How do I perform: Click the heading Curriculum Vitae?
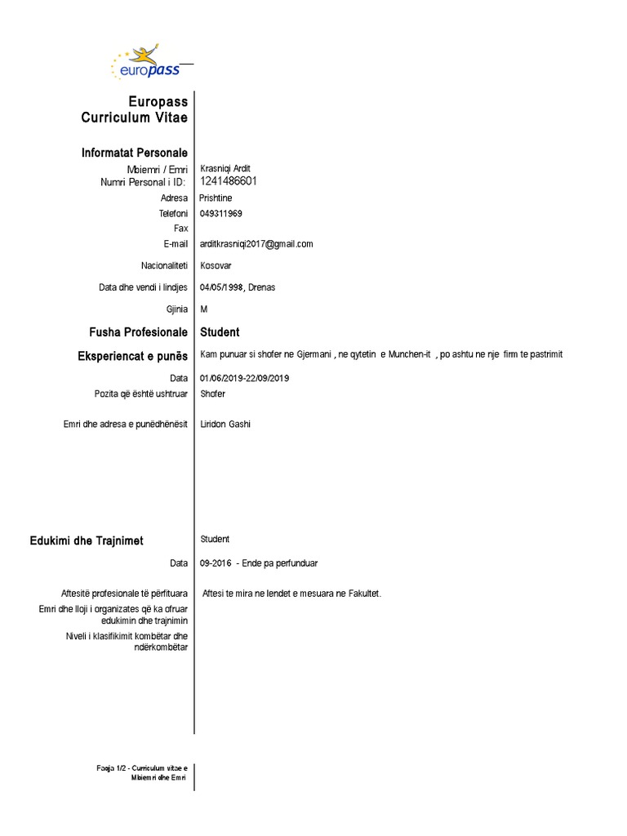[134, 118]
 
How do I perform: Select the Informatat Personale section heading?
[134, 153]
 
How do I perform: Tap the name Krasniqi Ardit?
[225, 169]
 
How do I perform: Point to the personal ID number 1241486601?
[229, 181]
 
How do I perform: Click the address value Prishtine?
[216, 198]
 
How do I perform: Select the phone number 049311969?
[221, 213]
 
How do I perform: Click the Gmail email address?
[256, 244]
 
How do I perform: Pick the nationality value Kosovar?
[216, 266]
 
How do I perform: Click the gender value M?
[204, 309]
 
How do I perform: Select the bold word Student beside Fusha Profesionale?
[220, 332]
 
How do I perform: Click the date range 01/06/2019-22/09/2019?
[244, 378]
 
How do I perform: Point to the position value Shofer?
[212, 394]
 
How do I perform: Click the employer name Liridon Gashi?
[225, 425]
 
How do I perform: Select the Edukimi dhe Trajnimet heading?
[86, 540]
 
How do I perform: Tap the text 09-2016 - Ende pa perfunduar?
[258, 563]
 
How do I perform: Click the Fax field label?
[180, 229]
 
